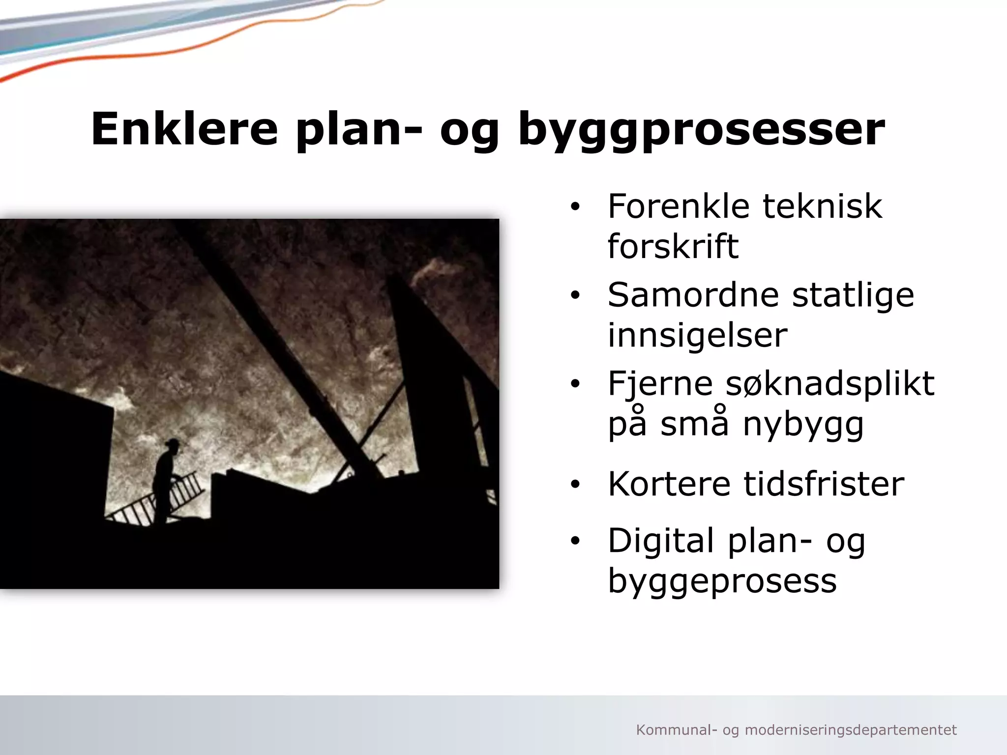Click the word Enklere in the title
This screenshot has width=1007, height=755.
pos(184,129)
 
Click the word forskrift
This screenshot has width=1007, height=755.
pos(673,246)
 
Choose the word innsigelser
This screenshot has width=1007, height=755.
pos(697,335)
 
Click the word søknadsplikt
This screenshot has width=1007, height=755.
pos(830,384)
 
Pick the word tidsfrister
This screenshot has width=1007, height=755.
pos(824,484)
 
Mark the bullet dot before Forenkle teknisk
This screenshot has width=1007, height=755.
pos(575,207)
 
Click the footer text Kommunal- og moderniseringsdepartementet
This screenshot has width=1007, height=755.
pos(796,730)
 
